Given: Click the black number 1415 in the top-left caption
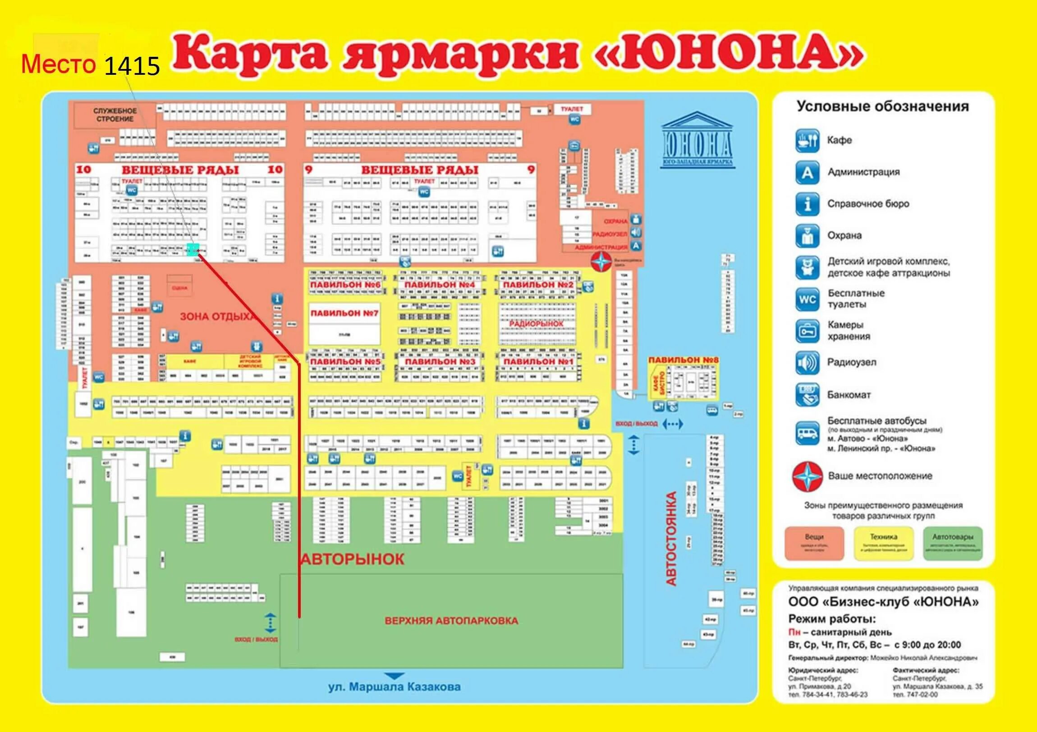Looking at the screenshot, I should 132,66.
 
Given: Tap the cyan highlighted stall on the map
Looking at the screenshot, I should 193,249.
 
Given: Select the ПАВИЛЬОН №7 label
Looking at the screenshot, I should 344,313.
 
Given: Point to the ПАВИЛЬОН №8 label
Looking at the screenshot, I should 683,360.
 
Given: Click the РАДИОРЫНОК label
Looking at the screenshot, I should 536,324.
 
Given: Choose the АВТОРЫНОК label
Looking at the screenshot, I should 352,559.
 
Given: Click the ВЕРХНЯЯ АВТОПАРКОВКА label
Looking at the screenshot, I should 451,621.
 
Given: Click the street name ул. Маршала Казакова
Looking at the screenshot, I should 395,687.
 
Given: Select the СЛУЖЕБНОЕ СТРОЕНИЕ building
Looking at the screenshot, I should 115,115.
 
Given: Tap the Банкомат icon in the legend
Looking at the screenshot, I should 807,395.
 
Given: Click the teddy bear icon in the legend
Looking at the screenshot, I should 807,267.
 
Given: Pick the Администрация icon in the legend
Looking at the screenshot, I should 807,173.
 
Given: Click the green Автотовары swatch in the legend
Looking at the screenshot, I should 953,544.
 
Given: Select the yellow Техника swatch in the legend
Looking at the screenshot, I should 883,544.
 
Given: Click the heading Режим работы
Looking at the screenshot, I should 832,619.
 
